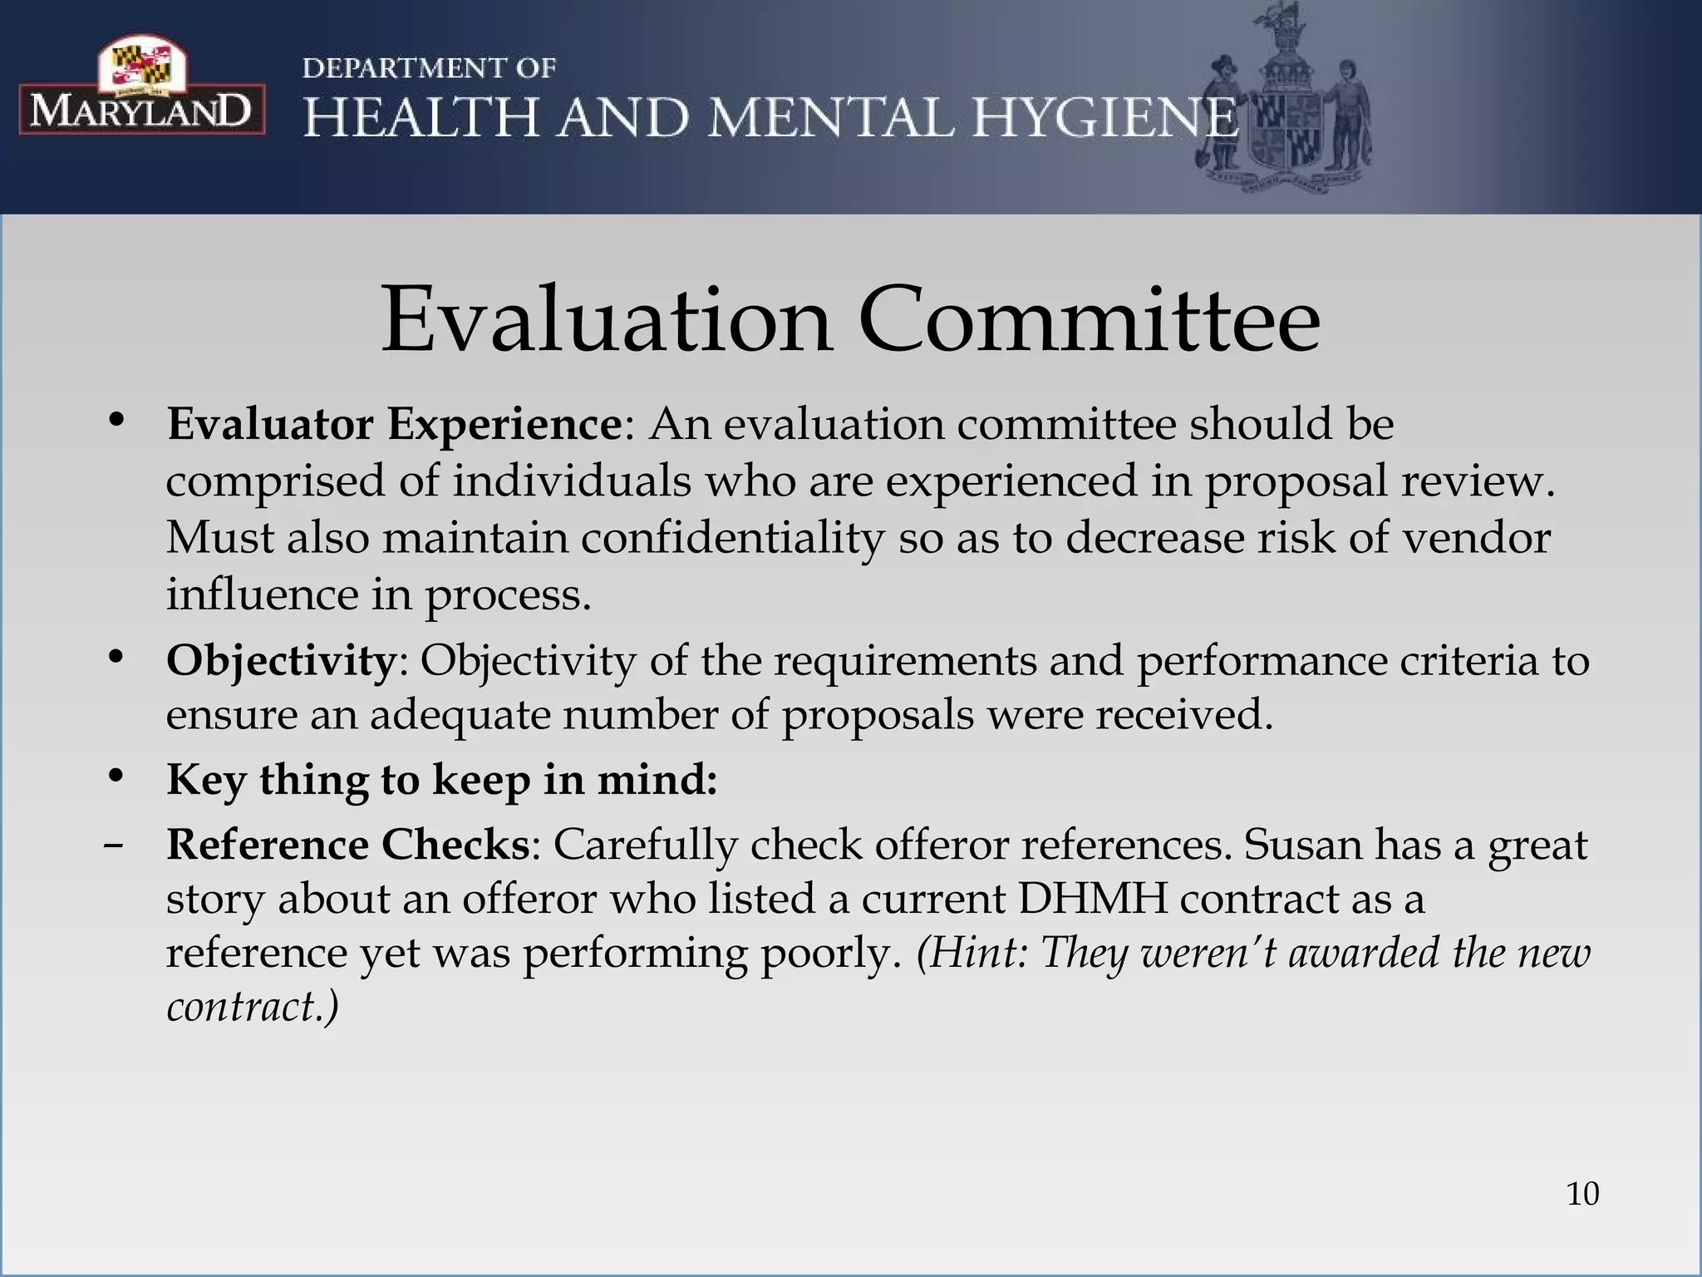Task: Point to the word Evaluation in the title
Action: (x=607, y=320)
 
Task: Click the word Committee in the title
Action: (x=1089, y=320)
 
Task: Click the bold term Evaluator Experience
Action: (x=394, y=424)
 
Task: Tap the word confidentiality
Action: (x=731, y=538)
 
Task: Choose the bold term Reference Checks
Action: (x=348, y=845)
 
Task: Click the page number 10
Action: (x=1582, y=1194)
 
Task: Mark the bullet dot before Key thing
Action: (x=116, y=776)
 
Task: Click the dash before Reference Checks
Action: (x=114, y=846)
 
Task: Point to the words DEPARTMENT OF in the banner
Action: (x=429, y=68)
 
